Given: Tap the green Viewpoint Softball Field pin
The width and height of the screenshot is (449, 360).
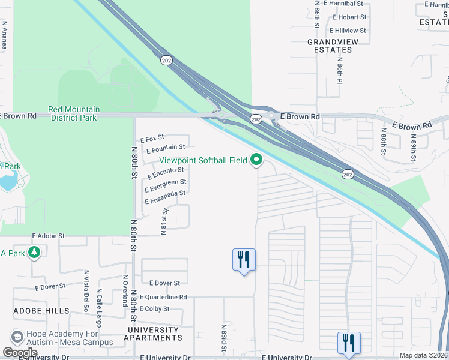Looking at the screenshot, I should click(x=257, y=160).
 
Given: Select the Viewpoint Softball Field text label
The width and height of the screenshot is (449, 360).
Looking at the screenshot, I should click(x=203, y=160).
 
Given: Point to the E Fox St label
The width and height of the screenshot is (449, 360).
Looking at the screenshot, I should click(x=152, y=139).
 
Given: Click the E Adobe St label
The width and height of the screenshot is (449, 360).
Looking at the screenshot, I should click(x=48, y=236).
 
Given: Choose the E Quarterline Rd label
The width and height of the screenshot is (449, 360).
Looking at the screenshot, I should click(x=163, y=297).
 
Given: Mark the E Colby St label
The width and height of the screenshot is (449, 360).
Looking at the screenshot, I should click(x=154, y=308).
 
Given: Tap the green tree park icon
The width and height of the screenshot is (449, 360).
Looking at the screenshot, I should click(x=34, y=253).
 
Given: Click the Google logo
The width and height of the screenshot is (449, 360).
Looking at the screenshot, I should click(x=20, y=352).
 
